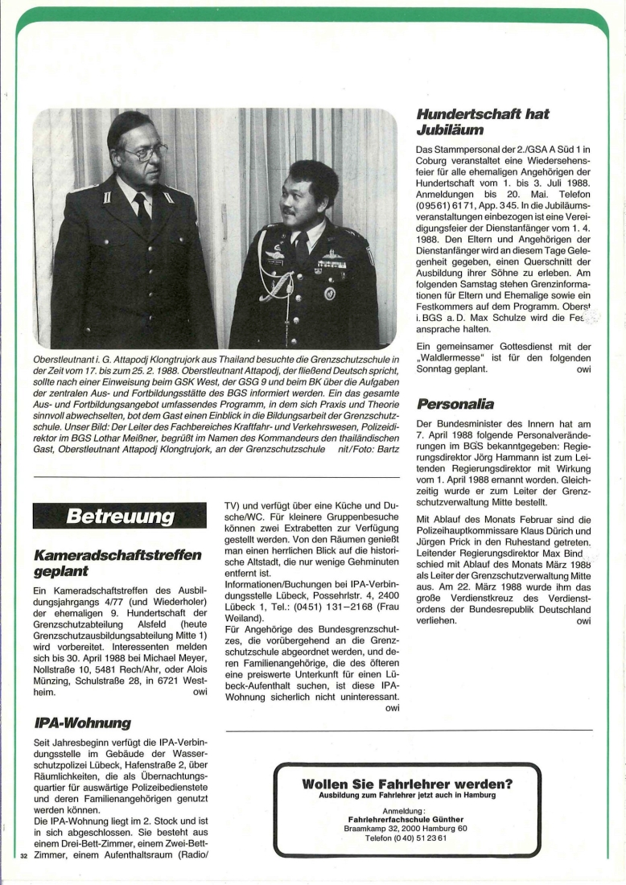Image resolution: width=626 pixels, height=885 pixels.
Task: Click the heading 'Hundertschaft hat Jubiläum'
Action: (483, 122)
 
